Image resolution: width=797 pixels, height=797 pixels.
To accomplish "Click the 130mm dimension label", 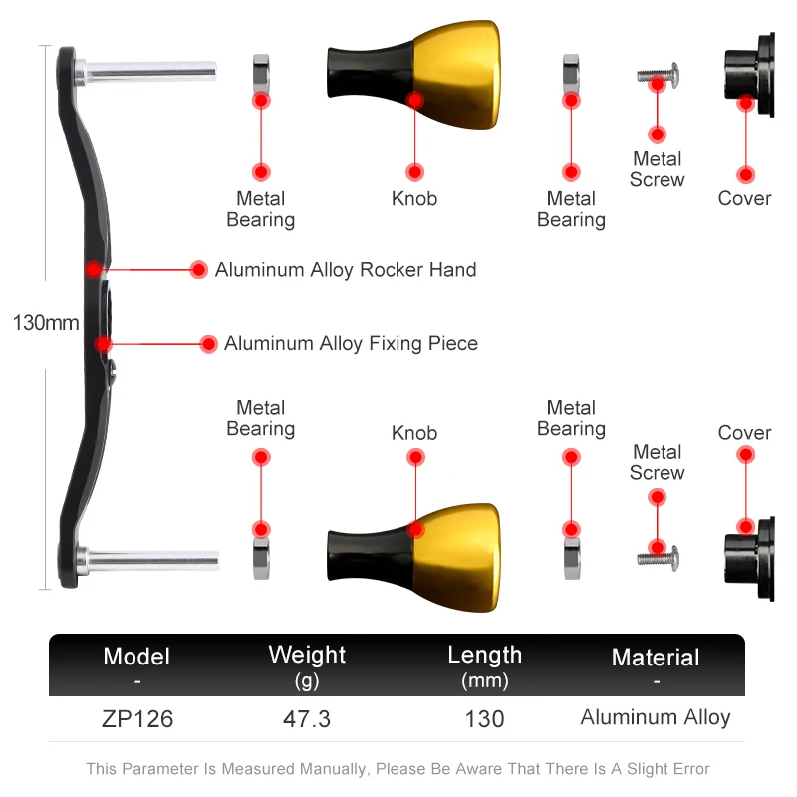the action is [x=45, y=323].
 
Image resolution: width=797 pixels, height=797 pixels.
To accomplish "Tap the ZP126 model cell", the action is [x=137, y=718].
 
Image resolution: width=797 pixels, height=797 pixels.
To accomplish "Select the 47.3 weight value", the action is [x=307, y=718].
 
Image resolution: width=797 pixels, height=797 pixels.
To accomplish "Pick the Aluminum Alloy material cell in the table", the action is [x=656, y=717].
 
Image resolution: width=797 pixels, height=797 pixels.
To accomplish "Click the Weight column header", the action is [x=307, y=656].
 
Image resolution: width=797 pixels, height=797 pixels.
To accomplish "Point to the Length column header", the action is [x=484, y=656].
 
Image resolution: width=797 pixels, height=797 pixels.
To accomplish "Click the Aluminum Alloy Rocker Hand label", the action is [x=346, y=270].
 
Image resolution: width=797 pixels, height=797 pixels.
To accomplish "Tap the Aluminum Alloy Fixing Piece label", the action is [x=351, y=344].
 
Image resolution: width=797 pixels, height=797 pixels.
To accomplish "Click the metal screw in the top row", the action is [x=659, y=73].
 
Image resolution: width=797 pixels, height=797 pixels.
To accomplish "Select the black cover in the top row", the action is [x=750, y=75].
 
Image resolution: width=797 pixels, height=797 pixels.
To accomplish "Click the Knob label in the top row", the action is [x=414, y=199].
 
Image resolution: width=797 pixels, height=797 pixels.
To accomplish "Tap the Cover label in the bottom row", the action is [x=745, y=433].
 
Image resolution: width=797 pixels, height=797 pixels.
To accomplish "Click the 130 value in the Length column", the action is [x=484, y=718].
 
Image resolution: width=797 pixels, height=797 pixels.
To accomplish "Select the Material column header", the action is [x=656, y=658].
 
